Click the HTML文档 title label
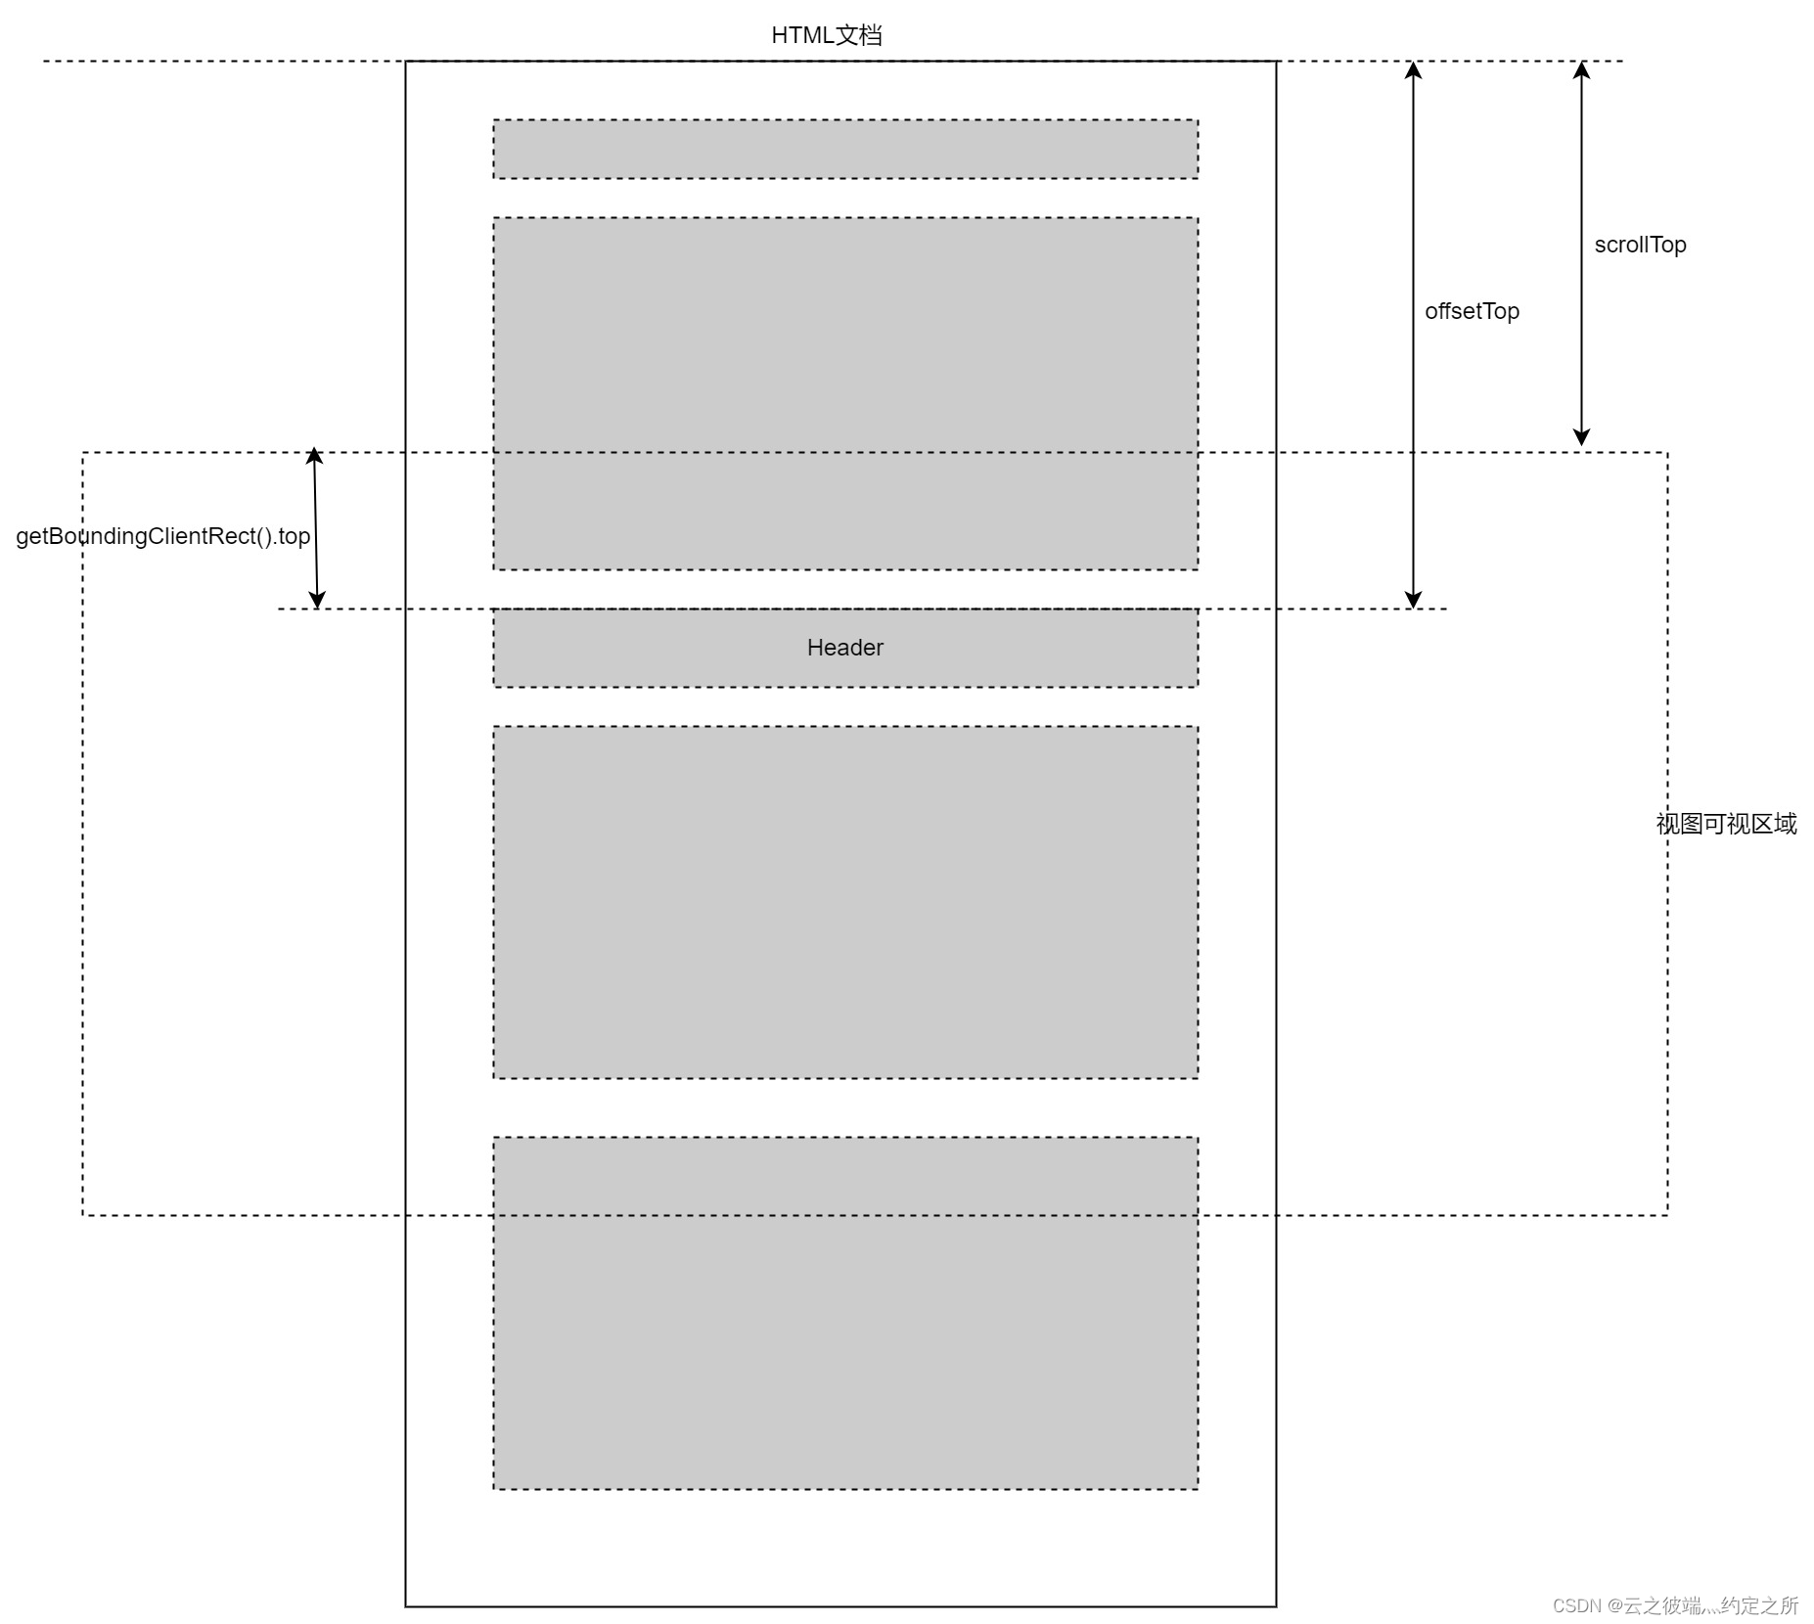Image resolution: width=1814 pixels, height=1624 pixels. pos(826,35)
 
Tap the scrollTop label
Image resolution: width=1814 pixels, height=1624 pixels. pos(1640,245)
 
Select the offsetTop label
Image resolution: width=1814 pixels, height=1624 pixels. pos(1472,311)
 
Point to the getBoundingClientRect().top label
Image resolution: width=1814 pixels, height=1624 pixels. pos(162,536)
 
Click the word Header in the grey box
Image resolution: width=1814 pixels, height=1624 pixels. pos(844,648)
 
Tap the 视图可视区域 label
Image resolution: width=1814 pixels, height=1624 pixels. pos(1726,824)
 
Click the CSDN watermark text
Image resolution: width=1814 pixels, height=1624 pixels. pos(1675,1605)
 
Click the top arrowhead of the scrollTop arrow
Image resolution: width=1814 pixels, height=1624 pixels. pos(1581,69)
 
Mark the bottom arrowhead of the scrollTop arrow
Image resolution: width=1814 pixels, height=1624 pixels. pos(1581,437)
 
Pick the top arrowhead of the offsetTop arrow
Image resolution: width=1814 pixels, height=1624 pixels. pos(1413,69)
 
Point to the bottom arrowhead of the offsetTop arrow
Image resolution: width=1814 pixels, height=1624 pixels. pos(1413,600)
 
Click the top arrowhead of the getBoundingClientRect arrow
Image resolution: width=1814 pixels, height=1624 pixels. pos(314,456)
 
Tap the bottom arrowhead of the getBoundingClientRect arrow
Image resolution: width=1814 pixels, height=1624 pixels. pos(317,600)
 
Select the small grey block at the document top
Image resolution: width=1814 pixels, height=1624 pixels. pos(845,149)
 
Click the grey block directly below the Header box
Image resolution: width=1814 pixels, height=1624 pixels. pos(845,902)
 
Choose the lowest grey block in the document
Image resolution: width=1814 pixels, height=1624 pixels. pos(845,1313)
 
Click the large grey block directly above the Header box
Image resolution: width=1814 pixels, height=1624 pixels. pos(845,393)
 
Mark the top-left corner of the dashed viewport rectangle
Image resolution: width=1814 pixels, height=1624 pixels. pos(83,453)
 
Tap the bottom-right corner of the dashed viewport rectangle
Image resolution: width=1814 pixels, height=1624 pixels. pos(1667,1215)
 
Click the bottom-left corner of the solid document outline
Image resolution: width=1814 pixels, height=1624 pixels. pos(406,1606)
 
